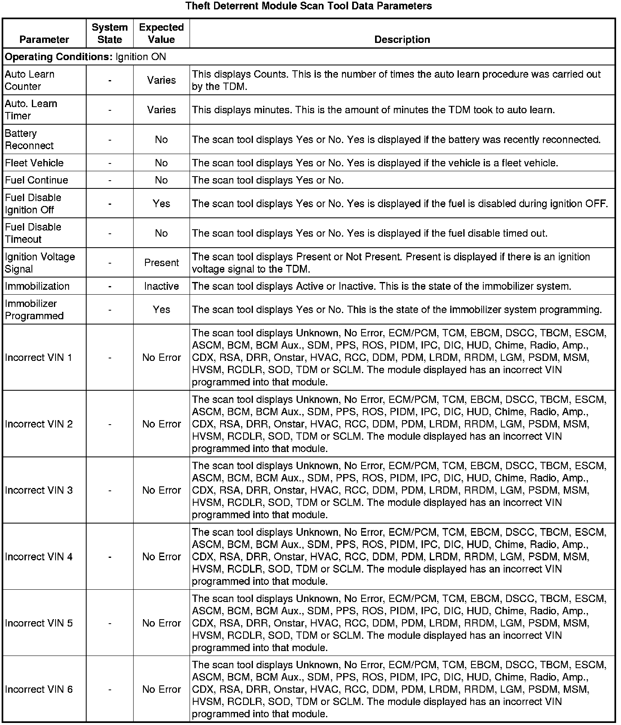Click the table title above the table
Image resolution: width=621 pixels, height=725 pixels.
[308, 6]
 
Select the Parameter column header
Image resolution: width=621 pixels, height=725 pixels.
[44, 40]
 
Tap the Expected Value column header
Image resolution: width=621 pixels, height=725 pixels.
[161, 34]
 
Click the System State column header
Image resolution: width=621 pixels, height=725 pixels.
[109, 34]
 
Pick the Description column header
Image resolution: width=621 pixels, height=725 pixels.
[402, 40]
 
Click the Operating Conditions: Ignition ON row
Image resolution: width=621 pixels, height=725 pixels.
[85, 57]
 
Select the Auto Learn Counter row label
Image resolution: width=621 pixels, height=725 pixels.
[29, 80]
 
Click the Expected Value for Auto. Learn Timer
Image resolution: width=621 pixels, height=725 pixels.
[161, 110]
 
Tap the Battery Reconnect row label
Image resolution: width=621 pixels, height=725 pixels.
[29, 139]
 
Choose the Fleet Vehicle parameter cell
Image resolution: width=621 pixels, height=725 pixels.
[34, 163]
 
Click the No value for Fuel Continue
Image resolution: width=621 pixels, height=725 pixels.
[161, 180]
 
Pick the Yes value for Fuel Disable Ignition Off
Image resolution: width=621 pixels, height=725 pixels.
[161, 204]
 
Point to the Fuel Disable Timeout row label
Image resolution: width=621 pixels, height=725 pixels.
[33, 233]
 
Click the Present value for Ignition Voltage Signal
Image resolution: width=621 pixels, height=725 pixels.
[161, 263]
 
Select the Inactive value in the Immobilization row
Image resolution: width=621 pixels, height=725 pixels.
[161, 286]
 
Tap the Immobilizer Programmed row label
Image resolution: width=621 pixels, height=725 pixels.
[34, 310]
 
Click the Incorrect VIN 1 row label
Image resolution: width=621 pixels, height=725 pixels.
[38, 358]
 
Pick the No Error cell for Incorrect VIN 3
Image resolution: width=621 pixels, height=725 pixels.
[161, 490]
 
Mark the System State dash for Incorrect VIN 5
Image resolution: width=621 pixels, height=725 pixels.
[110, 623]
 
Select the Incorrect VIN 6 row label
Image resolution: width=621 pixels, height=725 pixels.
[39, 689]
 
